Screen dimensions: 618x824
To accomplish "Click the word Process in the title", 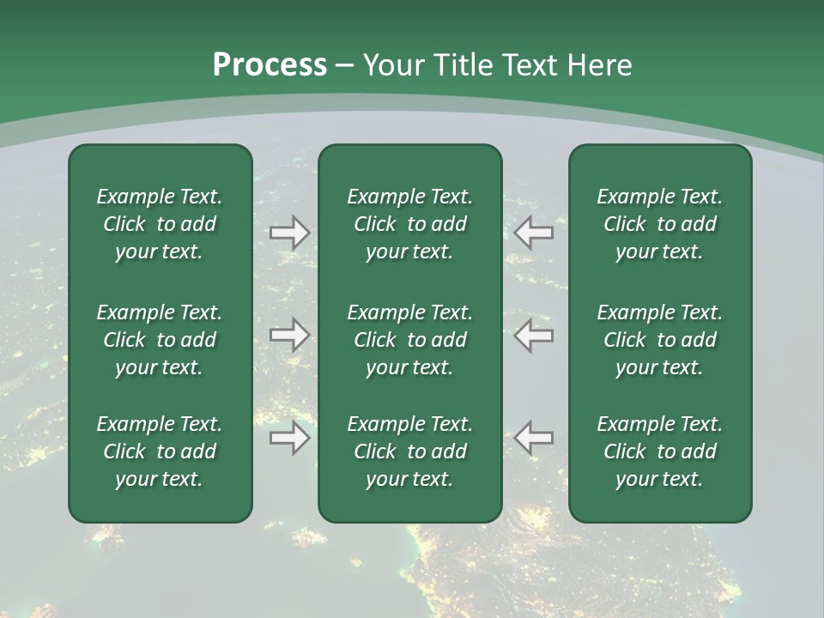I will click(x=270, y=65).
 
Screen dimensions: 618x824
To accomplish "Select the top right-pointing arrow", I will click(x=289, y=233).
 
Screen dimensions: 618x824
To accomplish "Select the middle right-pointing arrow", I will click(x=289, y=335).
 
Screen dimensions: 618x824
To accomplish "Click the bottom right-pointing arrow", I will click(x=289, y=438).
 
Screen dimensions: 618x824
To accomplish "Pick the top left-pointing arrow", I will click(x=534, y=233).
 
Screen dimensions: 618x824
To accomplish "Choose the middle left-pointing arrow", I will click(x=534, y=335).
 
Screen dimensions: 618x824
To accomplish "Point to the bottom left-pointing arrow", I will click(x=534, y=438).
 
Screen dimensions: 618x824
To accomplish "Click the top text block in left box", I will click(x=160, y=224).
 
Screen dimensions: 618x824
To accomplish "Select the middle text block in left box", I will click(x=160, y=340).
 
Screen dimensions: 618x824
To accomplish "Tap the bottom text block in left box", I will click(x=160, y=451).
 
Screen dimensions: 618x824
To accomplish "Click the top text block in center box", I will click(x=409, y=224).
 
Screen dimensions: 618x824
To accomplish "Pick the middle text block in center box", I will click(x=409, y=340).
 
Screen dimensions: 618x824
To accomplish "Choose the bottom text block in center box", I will click(x=409, y=451).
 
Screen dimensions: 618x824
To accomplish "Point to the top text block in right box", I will click(x=659, y=224).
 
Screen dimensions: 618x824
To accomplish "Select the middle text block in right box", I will click(x=659, y=340).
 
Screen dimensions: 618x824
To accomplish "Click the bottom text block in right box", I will click(x=659, y=451).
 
